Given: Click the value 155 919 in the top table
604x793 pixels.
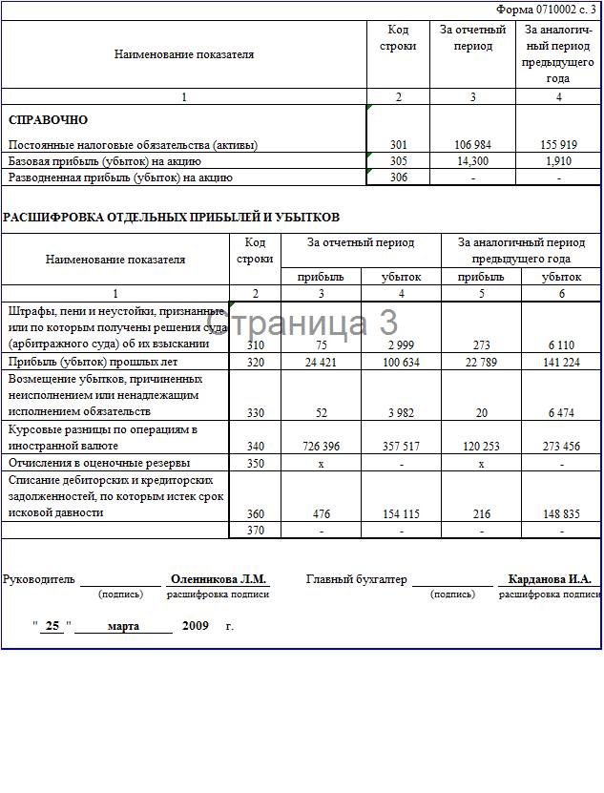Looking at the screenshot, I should coord(558,145).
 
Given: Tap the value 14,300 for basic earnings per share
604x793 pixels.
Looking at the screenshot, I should coord(472,161).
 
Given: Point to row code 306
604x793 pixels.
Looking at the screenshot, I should coord(398,177).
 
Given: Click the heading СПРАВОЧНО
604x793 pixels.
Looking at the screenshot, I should coord(48,120).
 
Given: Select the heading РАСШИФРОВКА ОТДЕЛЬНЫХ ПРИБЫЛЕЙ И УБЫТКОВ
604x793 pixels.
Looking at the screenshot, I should coord(171,218).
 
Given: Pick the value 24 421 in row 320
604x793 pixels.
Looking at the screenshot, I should coord(322,363).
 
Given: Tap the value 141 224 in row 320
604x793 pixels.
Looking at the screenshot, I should coord(561,363).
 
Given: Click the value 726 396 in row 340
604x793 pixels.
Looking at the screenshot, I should coord(322,446).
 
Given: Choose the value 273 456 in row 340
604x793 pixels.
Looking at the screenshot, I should coord(561,446).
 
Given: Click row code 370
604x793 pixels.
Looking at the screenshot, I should coord(256,530).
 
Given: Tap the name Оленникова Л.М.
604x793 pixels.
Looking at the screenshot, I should coord(219,579).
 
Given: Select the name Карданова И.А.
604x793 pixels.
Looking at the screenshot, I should coord(550,579).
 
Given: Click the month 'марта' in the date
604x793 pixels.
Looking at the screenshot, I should coord(123,627).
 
